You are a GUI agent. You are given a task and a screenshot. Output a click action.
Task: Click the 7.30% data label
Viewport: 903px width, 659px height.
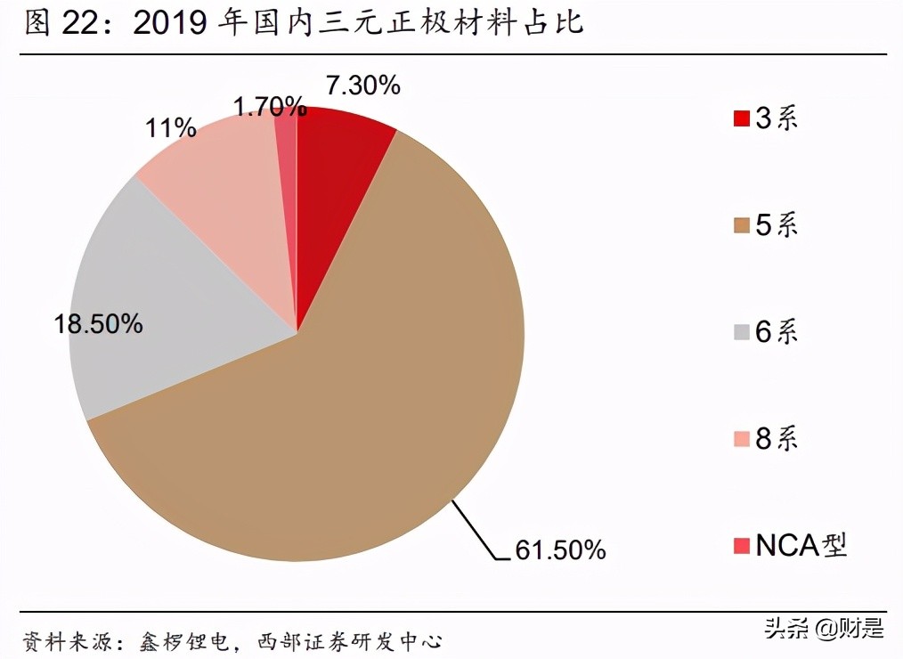coord(363,86)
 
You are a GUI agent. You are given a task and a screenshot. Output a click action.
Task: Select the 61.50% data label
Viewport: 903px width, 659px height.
coord(560,550)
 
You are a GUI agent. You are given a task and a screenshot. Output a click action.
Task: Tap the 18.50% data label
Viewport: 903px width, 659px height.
coord(98,324)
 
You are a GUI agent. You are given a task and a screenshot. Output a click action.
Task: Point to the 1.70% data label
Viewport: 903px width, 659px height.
coord(268,108)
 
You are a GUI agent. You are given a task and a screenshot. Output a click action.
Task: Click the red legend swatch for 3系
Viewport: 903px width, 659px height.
coord(741,118)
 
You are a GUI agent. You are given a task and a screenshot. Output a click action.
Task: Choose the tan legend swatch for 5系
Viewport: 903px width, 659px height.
coord(741,225)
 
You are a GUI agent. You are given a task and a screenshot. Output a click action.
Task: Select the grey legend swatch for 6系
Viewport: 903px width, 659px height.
coord(741,332)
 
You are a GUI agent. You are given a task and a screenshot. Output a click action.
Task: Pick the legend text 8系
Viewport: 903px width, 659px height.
coord(777,438)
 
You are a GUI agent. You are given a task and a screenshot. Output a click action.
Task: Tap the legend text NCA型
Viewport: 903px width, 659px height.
coord(801,545)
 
